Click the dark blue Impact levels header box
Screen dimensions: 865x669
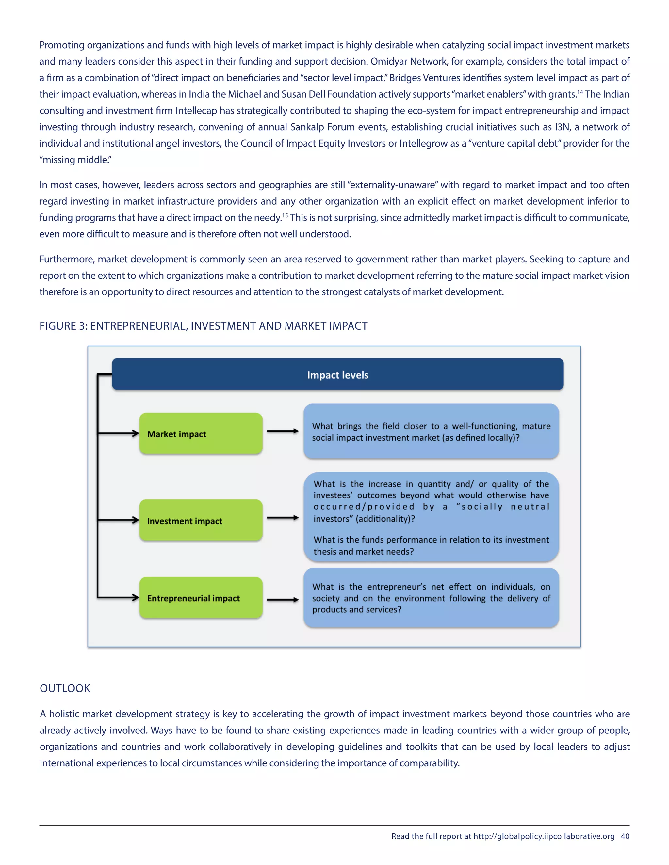338,374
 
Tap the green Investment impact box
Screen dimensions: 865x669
201,520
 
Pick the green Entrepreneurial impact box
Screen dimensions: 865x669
201,597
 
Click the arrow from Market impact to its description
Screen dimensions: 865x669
283,431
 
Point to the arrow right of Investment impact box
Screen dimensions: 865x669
283,518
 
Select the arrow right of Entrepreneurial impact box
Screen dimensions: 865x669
283,600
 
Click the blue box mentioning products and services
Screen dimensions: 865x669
431,598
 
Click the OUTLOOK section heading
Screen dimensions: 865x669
65,688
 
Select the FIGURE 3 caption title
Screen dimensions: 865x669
203,326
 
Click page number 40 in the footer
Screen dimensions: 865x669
625,836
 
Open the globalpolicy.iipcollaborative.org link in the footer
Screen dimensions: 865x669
544,836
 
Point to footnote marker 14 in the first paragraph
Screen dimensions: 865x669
580,92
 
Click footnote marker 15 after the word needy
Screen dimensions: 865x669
285,215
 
